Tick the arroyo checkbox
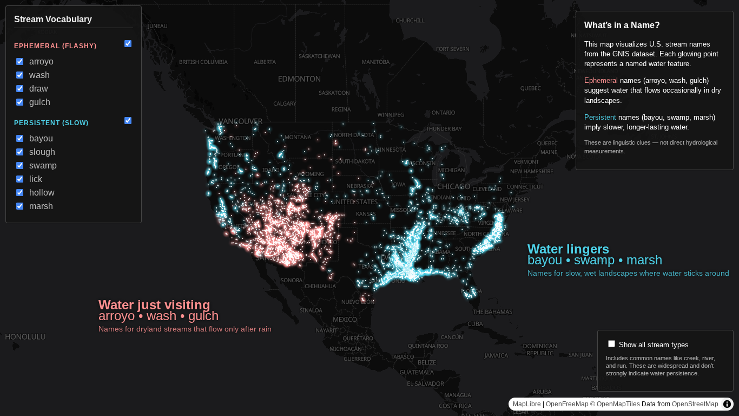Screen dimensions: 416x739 (x=20, y=62)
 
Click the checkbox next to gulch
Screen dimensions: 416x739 (x=20, y=102)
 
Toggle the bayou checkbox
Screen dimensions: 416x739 (x=20, y=139)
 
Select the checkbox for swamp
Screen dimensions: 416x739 (x=20, y=166)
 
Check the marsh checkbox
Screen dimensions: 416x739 (x=20, y=206)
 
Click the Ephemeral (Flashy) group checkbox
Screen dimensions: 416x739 (x=128, y=44)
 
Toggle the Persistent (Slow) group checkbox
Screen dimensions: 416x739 (x=128, y=121)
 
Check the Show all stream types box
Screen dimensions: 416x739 (x=612, y=344)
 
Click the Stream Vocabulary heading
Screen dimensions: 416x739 (x=53, y=19)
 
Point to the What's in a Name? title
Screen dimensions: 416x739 (x=622, y=25)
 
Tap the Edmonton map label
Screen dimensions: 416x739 (x=299, y=79)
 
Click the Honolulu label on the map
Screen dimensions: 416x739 (x=25, y=337)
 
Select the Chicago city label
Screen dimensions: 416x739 (x=453, y=187)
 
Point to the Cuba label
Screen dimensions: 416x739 (x=474, y=324)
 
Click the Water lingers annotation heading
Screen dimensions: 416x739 (x=568, y=249)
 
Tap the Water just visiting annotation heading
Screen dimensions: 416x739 (x=154, y=305)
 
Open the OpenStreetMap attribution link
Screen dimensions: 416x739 (x=695, y=404)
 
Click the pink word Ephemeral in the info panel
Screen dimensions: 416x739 (x=601, y=81)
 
